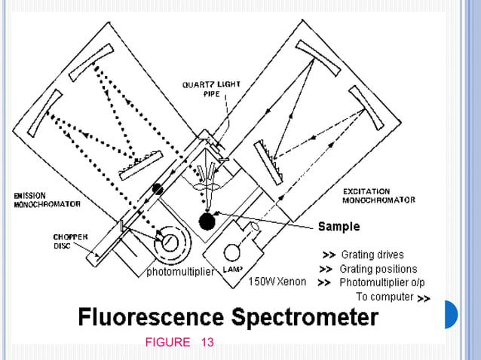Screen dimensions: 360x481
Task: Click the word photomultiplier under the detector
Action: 180,270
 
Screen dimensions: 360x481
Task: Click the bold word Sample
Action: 339,226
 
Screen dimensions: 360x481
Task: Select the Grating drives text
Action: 372,255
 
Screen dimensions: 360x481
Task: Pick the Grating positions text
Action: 378,269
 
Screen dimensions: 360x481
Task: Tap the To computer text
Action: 384,297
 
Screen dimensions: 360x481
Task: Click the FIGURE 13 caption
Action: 179,343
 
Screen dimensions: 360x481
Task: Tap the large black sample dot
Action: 206,221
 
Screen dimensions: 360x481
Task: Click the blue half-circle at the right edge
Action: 451,314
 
